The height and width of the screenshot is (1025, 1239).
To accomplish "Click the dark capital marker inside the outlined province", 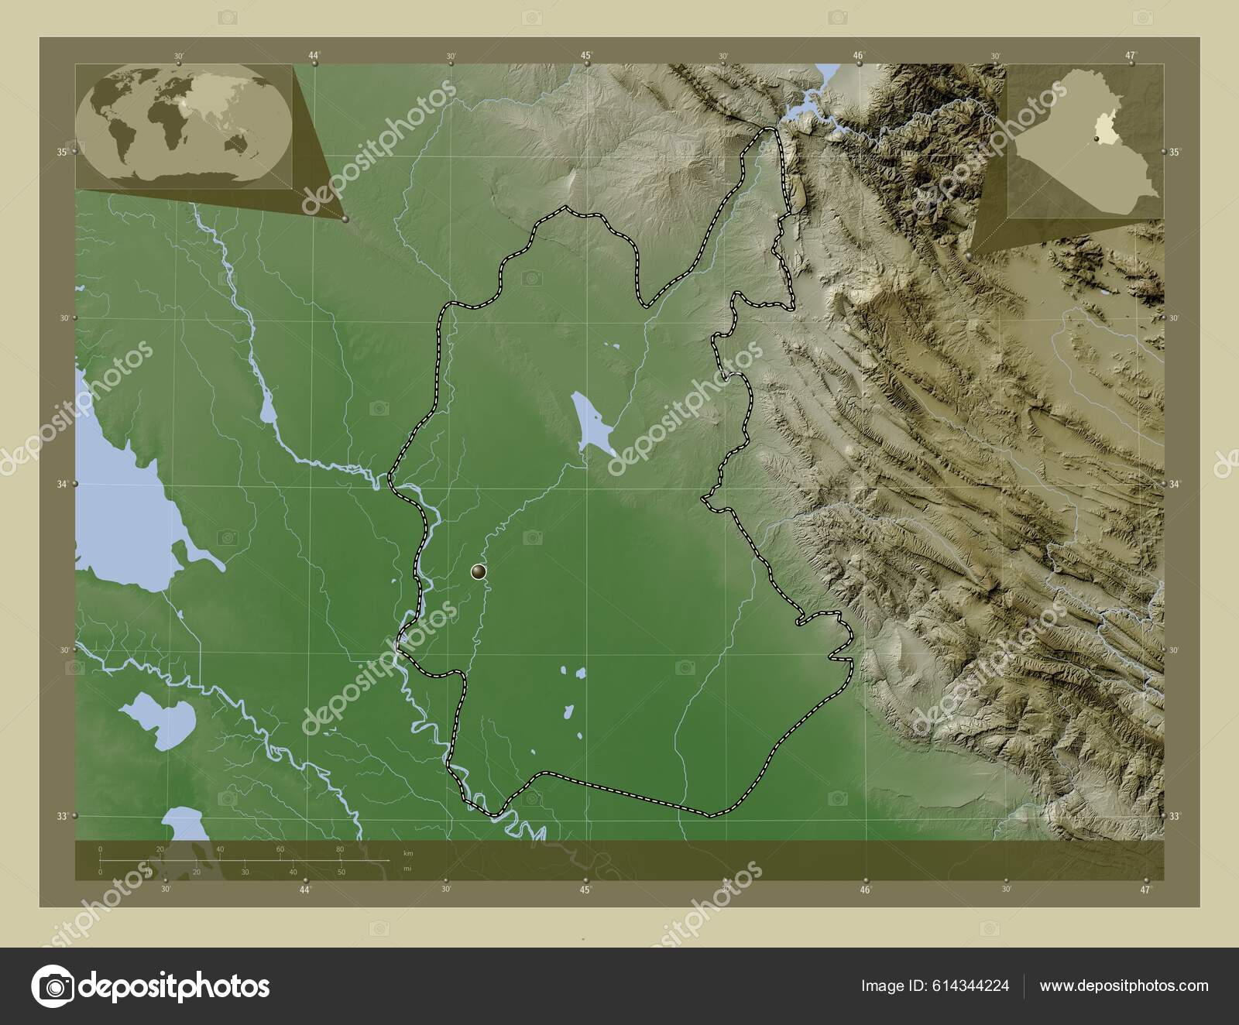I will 479,572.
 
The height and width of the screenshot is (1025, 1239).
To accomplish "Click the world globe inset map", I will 184,127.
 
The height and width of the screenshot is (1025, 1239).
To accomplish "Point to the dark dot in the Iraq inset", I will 1097,139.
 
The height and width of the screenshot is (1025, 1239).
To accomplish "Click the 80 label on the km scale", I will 340,850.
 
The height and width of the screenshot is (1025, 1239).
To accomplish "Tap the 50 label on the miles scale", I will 341,872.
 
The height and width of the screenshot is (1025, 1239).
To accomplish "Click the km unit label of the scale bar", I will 408,853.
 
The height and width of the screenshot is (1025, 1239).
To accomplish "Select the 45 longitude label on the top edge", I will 587,55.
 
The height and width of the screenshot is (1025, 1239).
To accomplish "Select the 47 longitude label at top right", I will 1131,55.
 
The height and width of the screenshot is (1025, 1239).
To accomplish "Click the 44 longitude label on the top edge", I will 314,55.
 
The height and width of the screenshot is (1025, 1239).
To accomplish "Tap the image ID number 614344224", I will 973,986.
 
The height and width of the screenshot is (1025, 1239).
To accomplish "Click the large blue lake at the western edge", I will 124,511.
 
